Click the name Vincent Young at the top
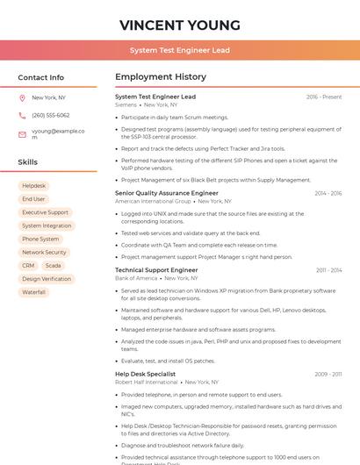click(180, 24)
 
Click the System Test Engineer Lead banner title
click(180, 50)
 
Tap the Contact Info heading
click(41, 77)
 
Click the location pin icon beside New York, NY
click(22, 97)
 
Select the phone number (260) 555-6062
click(50, 115)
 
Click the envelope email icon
click(22, 134)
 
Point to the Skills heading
click(28, 162)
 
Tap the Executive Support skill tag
click(45, 212)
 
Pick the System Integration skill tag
click(47, 225)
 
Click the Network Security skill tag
click(44, 252)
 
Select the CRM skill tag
click(28, 265)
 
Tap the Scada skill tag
click(54, 265)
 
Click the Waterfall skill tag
click(33, 292)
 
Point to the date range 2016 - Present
click(324, 97)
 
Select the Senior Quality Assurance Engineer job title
click(167, 193)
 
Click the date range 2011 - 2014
click(328, 270)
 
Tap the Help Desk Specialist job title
click(146, 374)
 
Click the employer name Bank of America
click(136, 278)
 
